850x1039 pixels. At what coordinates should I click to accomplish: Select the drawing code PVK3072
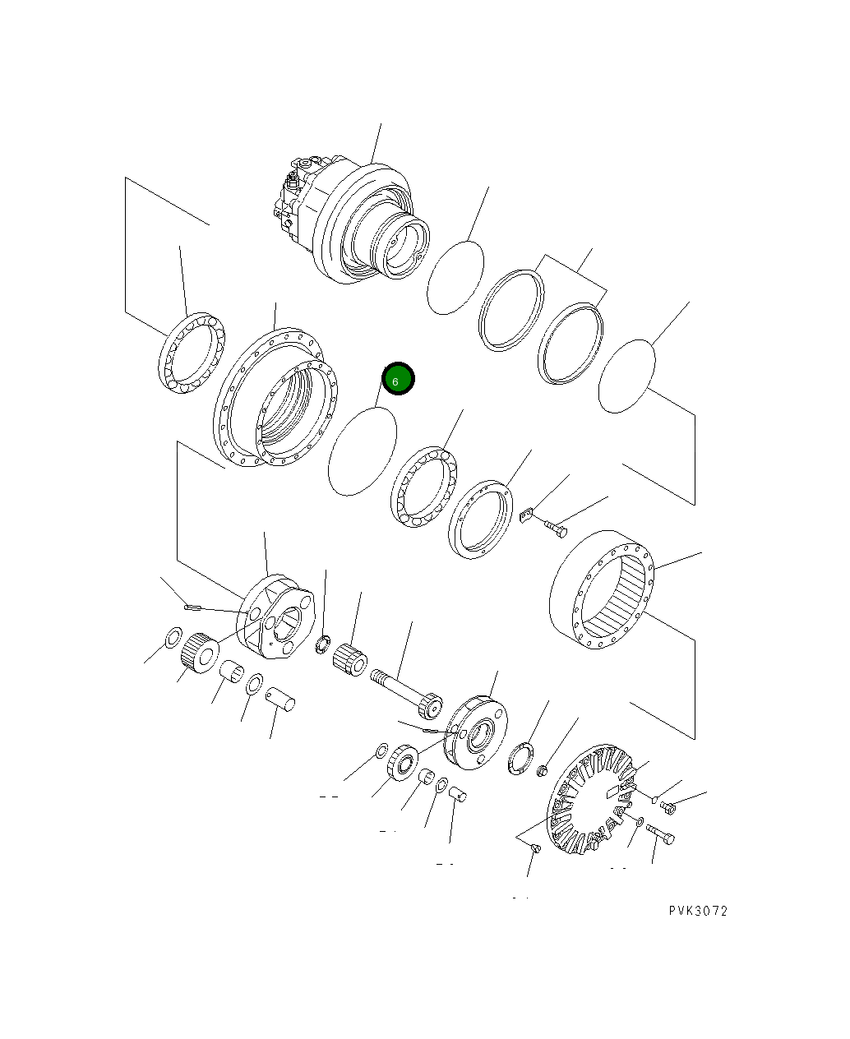click(697, 911)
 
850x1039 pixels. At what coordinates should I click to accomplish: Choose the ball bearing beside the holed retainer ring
click(424, 486)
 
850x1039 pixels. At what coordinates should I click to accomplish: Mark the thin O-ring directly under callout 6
click(362, 451)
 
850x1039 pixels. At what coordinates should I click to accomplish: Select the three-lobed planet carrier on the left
click(275, 616)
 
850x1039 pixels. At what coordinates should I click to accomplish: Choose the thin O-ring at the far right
click(626, 376)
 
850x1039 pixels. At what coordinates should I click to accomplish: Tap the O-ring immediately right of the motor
click(455, 277)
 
